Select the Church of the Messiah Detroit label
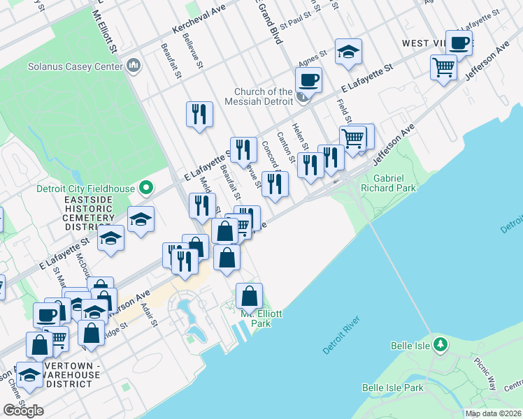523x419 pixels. click(x=264, y=96)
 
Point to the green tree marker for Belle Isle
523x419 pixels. click(x=440, y=344)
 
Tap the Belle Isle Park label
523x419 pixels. click(x=393, y=388)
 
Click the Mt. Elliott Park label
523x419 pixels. click(x=261, y=318)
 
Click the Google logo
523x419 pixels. click(x=23, y=411)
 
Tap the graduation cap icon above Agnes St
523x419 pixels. click(x=348, y=51)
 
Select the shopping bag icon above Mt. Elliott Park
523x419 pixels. click(x=249, y=296)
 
